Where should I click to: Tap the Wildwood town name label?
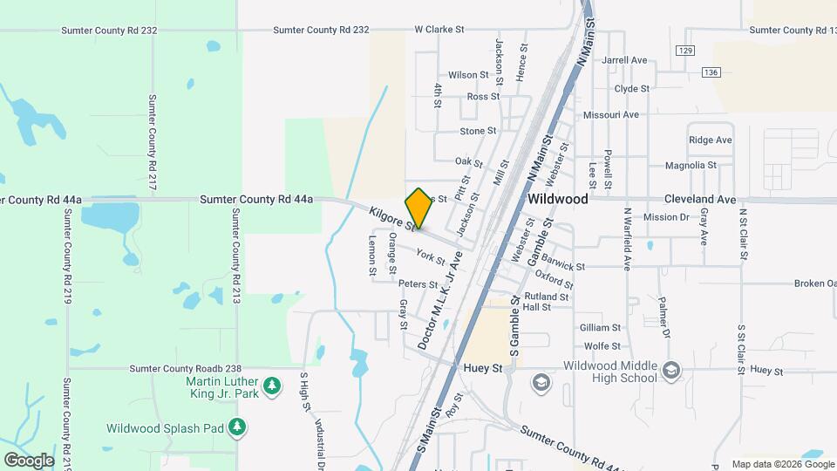click(x=558, y=199)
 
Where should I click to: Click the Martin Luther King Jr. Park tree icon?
click(x=272, y=385)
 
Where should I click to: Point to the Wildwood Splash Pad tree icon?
click(x=236, y=428)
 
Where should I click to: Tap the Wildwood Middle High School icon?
click(x=670, y=372)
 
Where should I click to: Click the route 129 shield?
click(x=686, y=51)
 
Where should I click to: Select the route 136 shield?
click(x=713, y=72)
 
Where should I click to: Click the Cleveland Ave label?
click(x=700, y=199)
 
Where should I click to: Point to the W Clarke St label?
click(x=444, y=30)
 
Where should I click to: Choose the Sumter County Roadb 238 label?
click(x=185, y=369)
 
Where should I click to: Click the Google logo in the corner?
click(x=29, y=460)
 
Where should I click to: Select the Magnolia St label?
click(x=690, y=165)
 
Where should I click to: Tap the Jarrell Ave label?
click(x=624, y=60)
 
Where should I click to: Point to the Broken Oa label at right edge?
click(x=814, y=283)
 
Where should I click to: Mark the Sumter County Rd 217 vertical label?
click(x=153, y=143)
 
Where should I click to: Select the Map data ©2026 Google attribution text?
click(x=782, y=464)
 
